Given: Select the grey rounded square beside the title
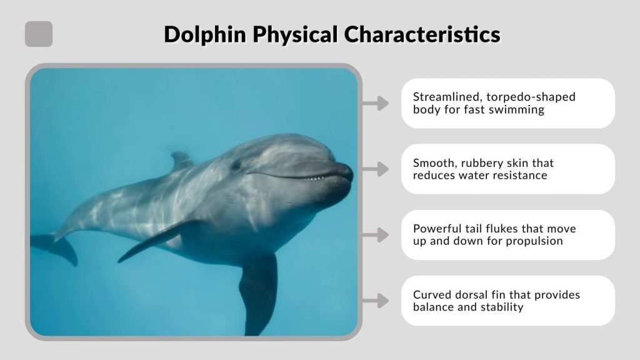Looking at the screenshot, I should point(39,34).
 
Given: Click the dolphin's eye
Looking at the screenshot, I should point(236,165).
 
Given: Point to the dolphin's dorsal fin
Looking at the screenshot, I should point(181,160).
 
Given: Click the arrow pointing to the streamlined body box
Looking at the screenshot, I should point(376,104).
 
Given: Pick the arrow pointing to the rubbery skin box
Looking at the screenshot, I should point(376,169).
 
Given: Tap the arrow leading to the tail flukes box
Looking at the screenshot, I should point(376,235).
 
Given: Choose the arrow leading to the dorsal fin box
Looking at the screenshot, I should point(376,301).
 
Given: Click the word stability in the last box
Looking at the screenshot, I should point(501,307).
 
